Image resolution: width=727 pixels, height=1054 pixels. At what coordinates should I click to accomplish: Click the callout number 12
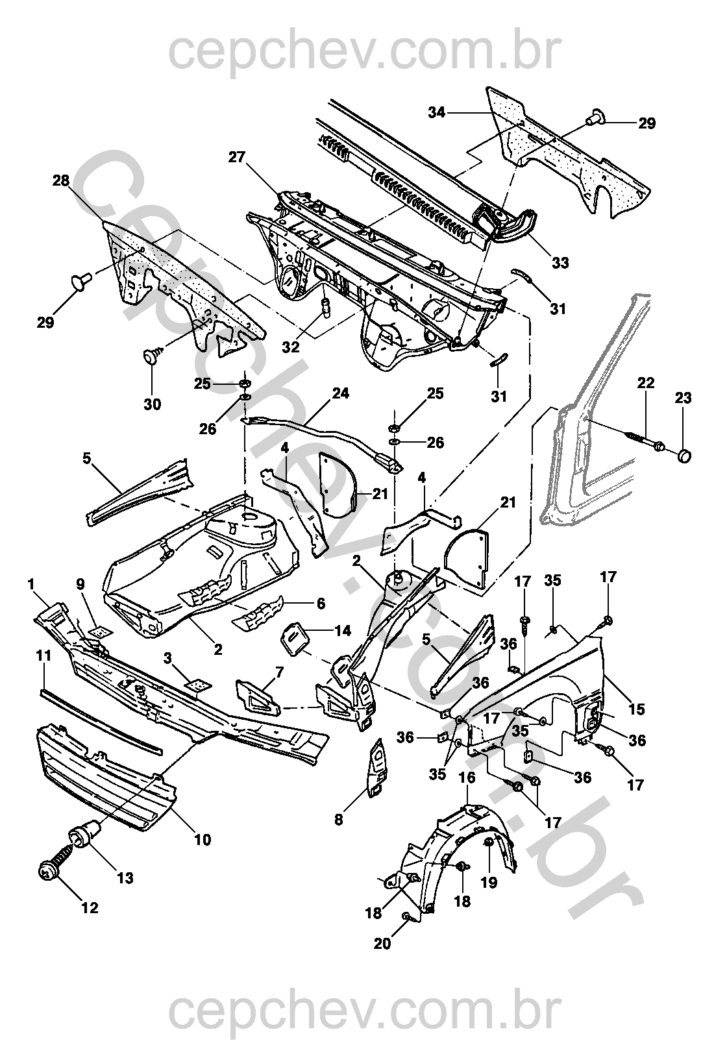pyautogui.click(x=90, y=908)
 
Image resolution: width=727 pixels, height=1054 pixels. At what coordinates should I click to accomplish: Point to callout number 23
pyautogui.click(x=684, y=398)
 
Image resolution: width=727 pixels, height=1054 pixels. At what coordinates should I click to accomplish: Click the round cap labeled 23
pyautogui.click(x=684, y=456)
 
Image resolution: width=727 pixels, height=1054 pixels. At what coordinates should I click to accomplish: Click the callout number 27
pyautogui.click(x=237, y=157)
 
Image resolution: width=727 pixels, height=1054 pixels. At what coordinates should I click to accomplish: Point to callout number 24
pyautogui.click(x=340, y=393)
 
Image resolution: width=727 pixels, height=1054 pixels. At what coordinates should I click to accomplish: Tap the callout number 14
pyautogui.click(x=342, y=630)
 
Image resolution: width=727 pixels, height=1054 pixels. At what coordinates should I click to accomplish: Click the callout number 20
pyautogui.click(x=383, y=943)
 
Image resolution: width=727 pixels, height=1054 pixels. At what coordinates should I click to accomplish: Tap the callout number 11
pyautogui.click(x=43, y=656)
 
